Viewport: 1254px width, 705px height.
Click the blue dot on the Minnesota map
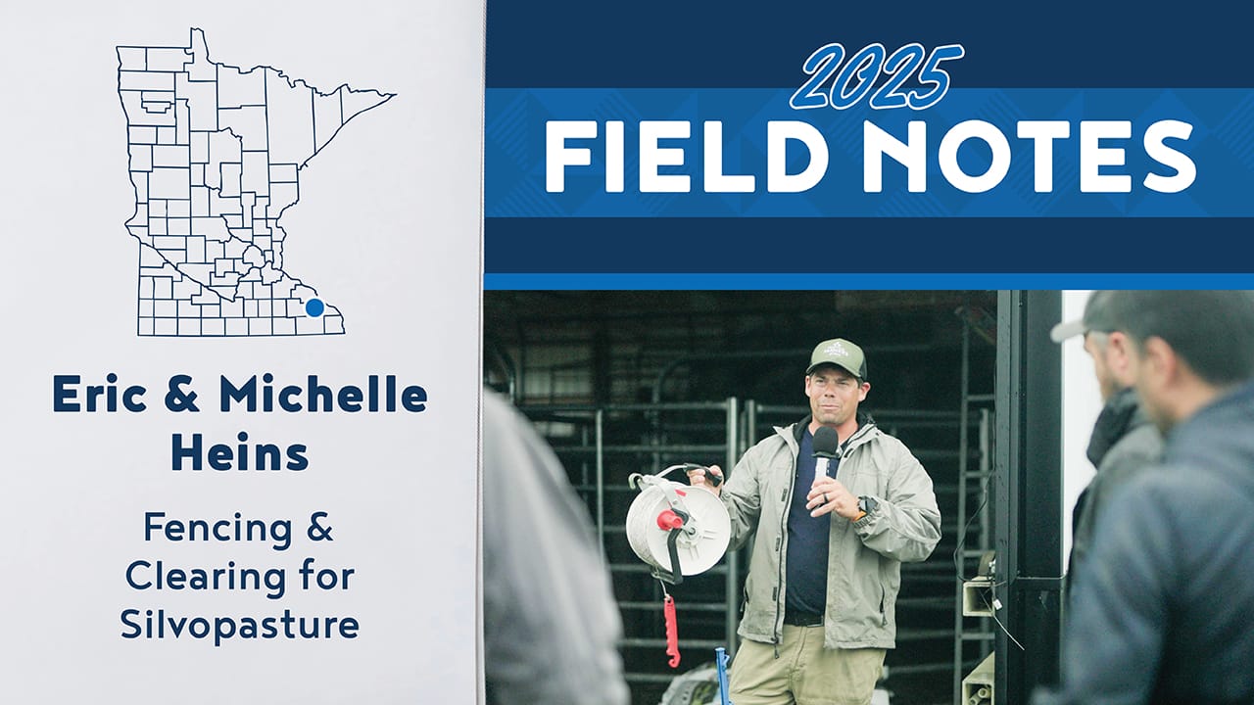pyautogui.click(x=314, y=307)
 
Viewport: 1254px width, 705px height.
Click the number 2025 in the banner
pyautogui.click(x=877, y=77)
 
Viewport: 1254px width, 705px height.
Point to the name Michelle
pyautogui.click(x=323, y=395)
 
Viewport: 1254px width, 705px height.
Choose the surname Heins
pyautogui.click(x=240, y=452)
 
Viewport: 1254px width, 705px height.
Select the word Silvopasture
pyautogui.click(x=240, y=625)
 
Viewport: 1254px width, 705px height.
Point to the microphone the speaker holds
pyautogui.click(x=825, y=446)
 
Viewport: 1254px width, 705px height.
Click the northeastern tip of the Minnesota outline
pyautogui.click(x=394, y=95)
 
